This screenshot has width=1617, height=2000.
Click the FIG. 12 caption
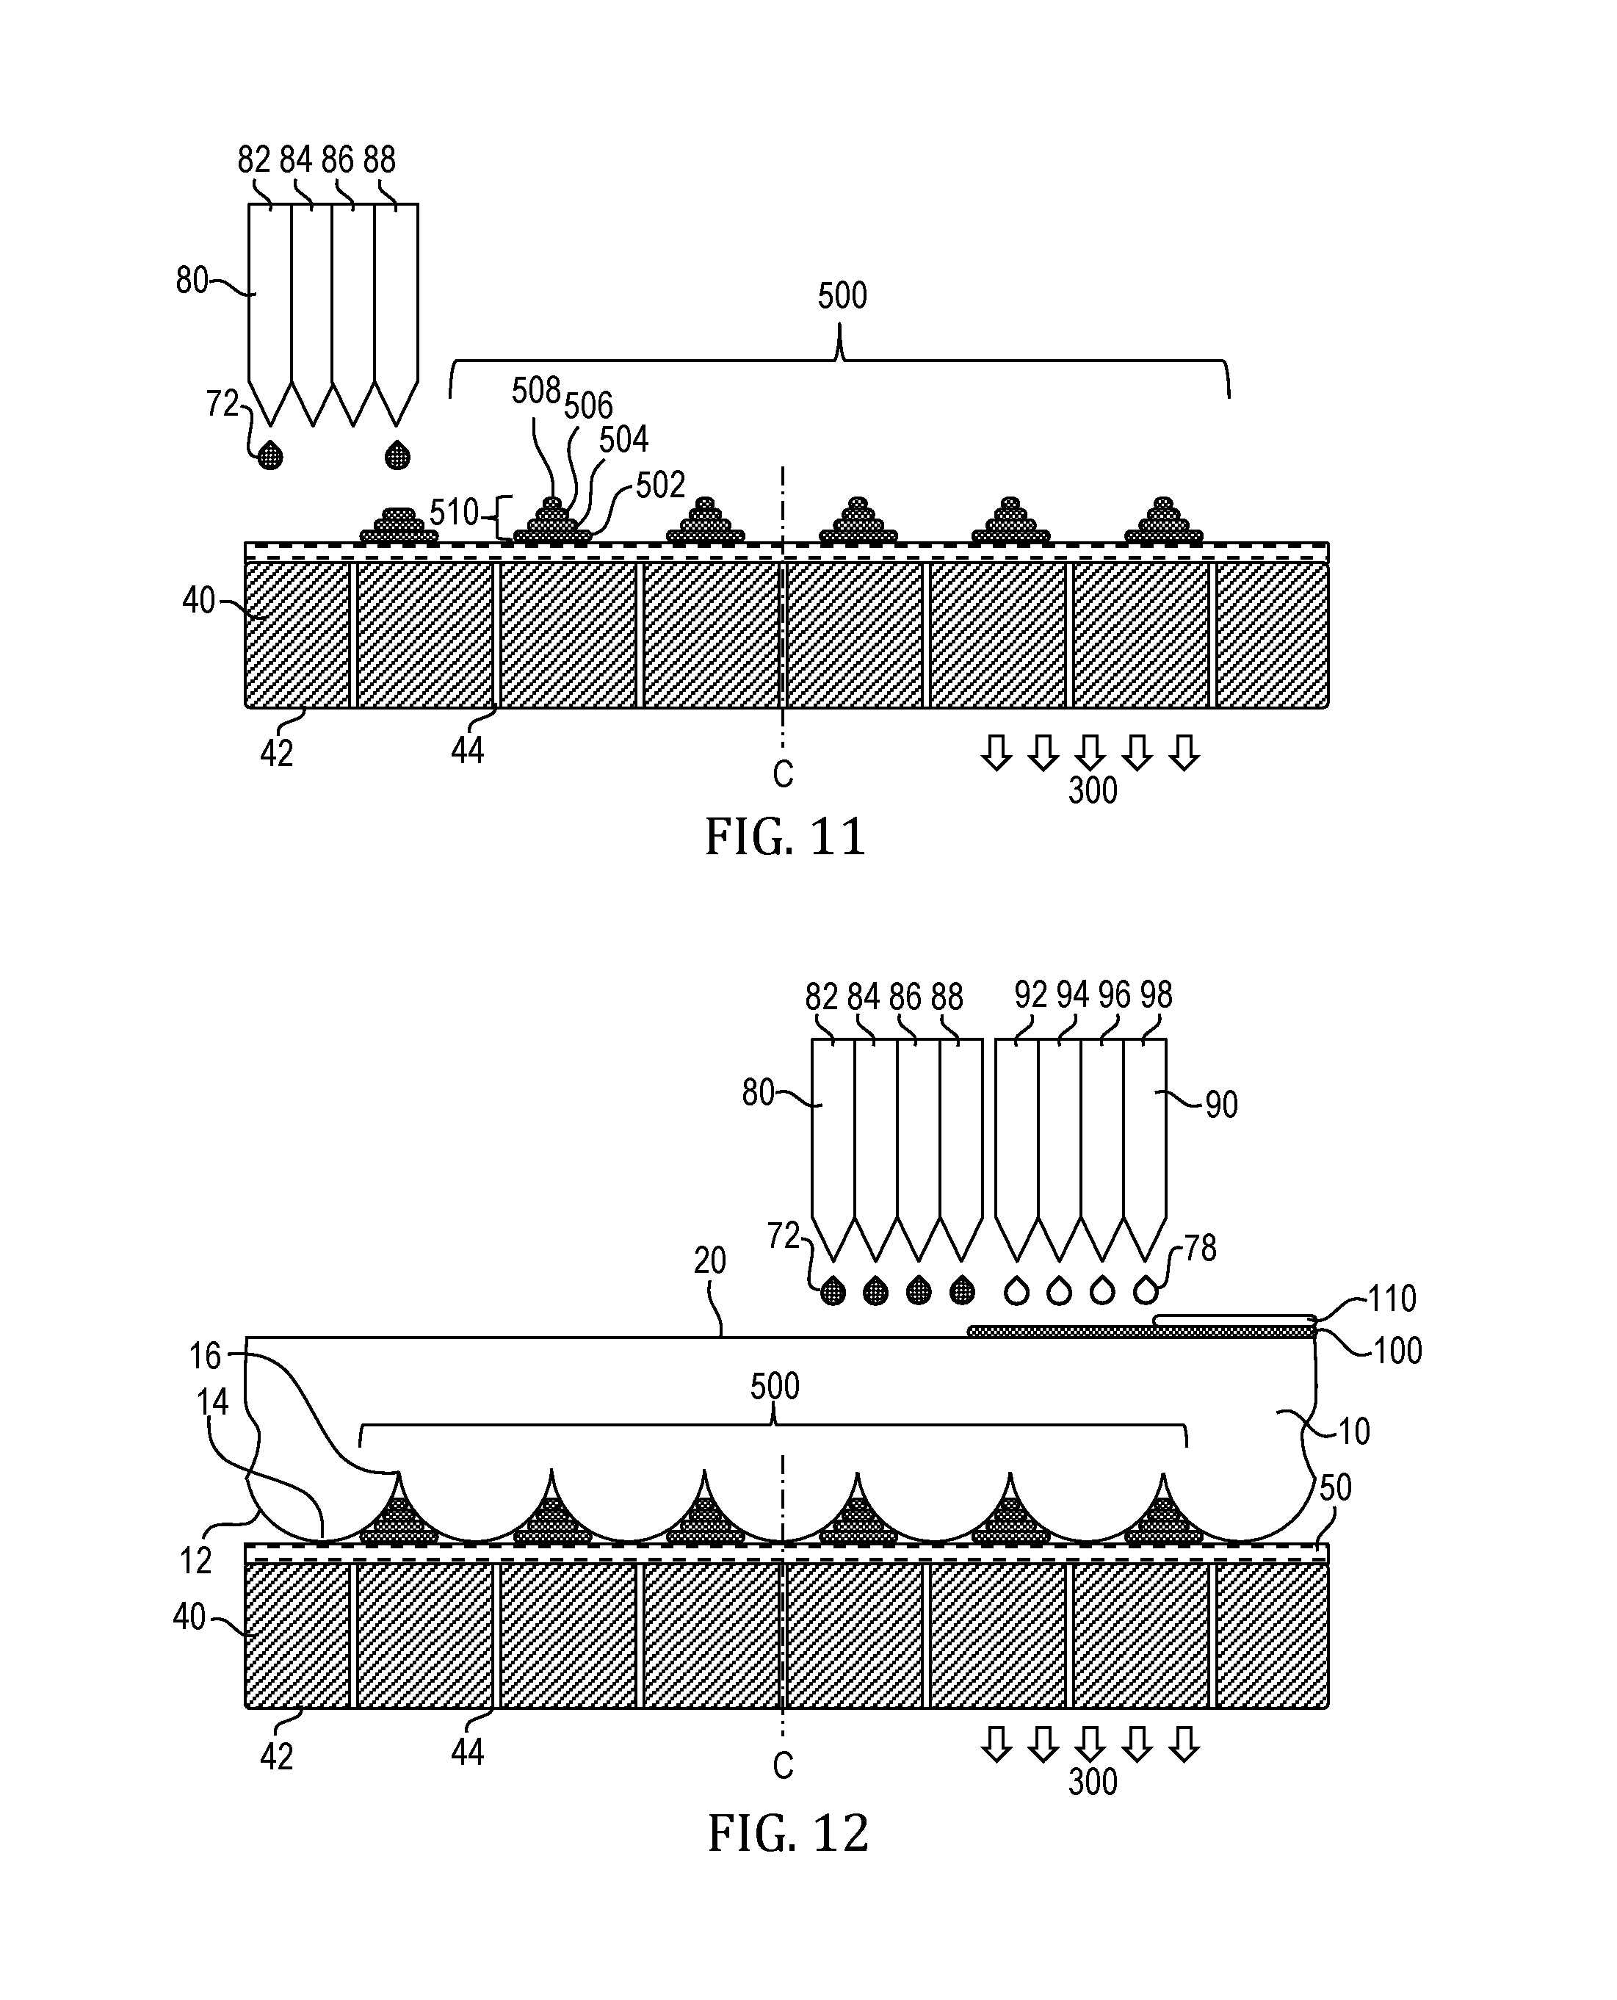click(x=788, y=1833)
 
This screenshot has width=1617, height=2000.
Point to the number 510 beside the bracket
click(x=455, y=513)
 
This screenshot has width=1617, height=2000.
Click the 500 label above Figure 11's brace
click(x=842, y=295)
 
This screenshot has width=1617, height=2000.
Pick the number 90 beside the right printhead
click(x=1221, y=1105)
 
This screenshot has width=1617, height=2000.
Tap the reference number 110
click(x=1392, y=1299)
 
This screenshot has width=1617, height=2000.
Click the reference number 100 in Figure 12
click(x=1398, y=1351)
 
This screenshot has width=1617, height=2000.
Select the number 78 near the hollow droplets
click(x=1201, y=1247)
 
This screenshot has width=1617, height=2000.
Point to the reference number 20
click(x=710, y=1261)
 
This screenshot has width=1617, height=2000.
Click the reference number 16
click(x=205, y=1357)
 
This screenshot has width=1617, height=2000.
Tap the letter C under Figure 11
click(x=784, y=774)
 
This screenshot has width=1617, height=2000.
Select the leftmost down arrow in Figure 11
click(x=996, y=753)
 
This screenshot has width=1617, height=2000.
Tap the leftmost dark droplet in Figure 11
click(x=270, y=455)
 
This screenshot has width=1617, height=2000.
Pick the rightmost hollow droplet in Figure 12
click(x=1145, y=1289)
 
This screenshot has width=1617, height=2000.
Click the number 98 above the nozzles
click(x=1156, y=995)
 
